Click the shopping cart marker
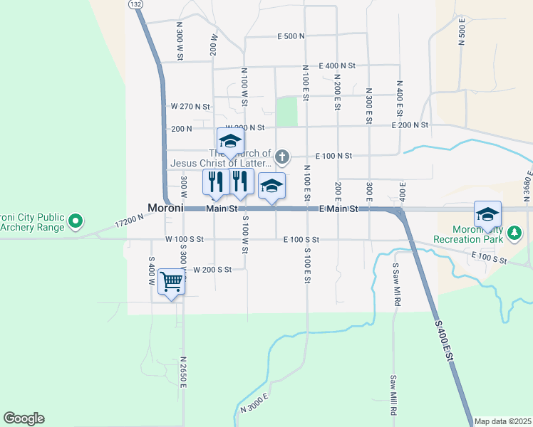[171, 283]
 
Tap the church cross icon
[283, 157]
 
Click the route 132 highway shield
[135, 4]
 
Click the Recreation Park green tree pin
[515, 233]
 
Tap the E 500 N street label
[291, 36]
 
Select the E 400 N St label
[337, 65]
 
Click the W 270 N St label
[191, 106]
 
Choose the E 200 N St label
[410, 125]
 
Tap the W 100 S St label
[185, 239]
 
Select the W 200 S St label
[213, 270]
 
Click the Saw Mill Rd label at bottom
[393, 396]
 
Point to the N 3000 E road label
[254, 403]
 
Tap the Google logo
[24, 418]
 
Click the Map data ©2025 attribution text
[502, 421]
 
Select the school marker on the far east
[487, 213]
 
